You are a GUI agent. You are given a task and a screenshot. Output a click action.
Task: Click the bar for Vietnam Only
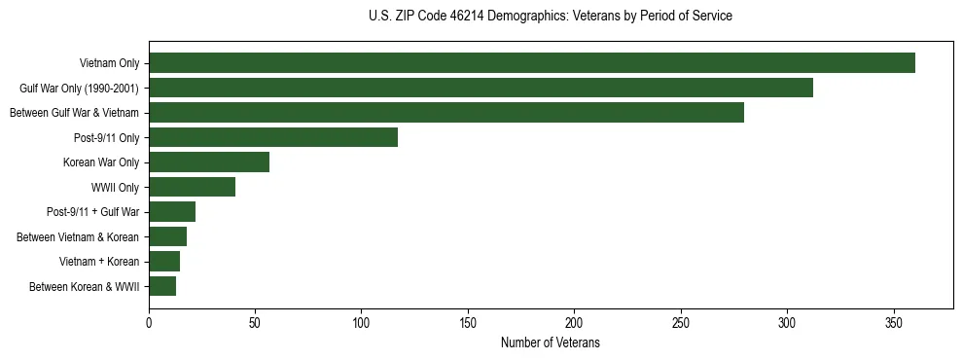click(532, 63)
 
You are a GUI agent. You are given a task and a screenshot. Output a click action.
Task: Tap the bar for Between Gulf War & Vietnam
click(446, 113)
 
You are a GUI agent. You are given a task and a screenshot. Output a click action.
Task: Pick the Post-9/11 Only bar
click(273, 137)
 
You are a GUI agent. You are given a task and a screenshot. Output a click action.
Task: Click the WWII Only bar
click(192, 187)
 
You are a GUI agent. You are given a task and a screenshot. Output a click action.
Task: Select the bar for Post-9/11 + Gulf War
click(172, 211)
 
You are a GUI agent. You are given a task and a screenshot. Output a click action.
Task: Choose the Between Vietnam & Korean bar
click(167, 236)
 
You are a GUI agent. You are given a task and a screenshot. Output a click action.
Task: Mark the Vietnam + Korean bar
click(164, 261)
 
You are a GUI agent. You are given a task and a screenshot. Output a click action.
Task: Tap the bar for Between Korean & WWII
click(162, 286)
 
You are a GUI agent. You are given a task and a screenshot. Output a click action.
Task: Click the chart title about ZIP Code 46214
click(551, 17)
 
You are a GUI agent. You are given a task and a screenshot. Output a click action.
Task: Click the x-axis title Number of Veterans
click(551, 343)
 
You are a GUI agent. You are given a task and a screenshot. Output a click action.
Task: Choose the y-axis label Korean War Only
click(101, 162)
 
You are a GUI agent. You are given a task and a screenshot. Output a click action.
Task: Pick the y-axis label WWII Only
click(115, 187)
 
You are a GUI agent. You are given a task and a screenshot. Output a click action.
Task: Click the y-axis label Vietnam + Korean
click(99, 261)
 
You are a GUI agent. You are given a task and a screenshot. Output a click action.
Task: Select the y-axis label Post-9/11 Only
click(106, 137)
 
